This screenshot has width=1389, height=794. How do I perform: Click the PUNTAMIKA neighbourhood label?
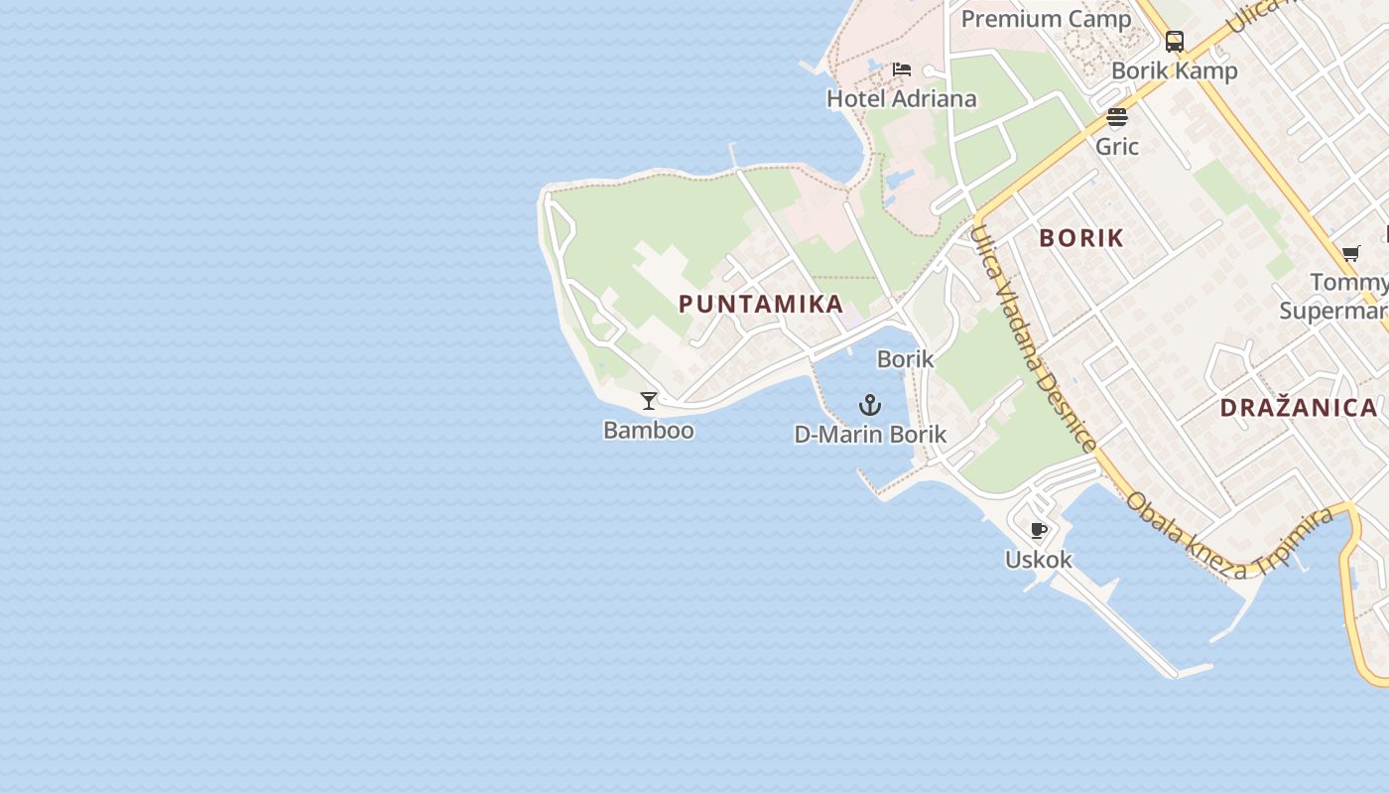761,304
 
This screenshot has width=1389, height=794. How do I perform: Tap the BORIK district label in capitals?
1081,238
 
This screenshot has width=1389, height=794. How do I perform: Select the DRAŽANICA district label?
1299,407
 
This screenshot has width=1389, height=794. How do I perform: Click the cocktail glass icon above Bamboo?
649,401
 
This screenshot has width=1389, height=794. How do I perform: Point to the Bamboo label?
649,431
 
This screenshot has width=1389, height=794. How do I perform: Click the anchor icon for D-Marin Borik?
870,405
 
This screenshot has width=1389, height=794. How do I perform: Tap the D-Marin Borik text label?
870,435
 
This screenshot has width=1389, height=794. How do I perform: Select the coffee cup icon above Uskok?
1039,531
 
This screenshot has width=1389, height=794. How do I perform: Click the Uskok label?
1039,560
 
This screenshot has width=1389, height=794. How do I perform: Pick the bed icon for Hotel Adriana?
902,69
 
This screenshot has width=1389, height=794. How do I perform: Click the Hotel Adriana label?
902,98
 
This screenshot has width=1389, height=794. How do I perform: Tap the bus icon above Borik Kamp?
1175,42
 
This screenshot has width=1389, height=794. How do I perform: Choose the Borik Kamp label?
1175,70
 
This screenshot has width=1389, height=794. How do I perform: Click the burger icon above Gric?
1117,118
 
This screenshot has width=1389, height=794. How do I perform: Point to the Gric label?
1117,147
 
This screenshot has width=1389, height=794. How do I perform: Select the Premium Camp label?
1046,19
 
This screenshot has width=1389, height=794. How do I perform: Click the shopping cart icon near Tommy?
1350,254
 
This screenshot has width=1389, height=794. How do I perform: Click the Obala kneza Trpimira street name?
1229,536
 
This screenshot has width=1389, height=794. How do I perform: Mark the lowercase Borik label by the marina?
906,359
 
